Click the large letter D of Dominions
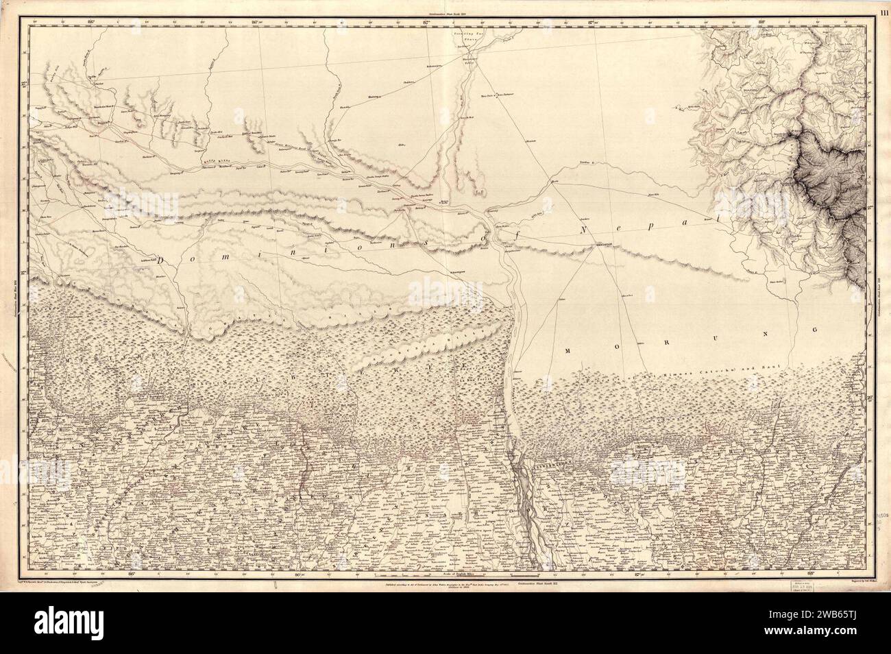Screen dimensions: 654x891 [x=162, y=261]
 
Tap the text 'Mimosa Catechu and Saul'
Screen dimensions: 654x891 [x=740, y=368]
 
